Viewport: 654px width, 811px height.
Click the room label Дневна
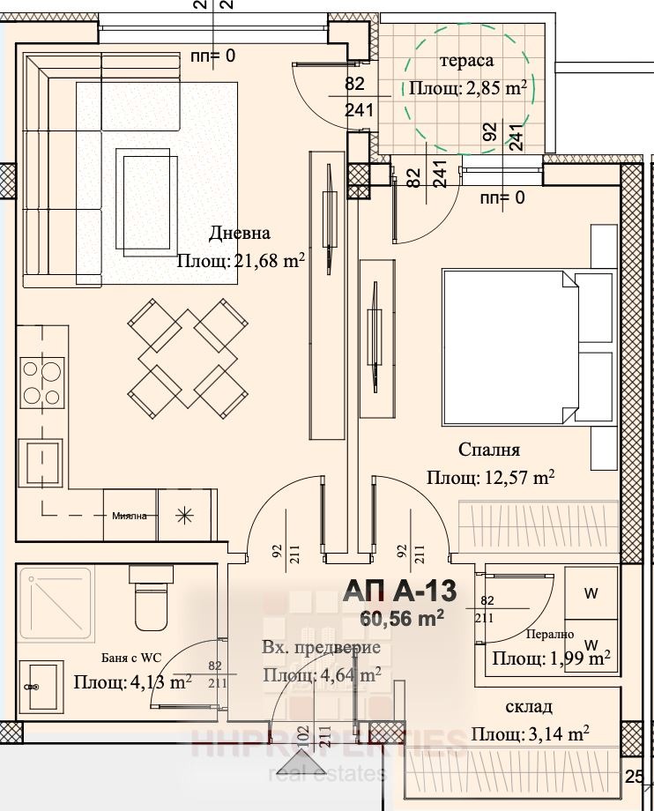[239, 234]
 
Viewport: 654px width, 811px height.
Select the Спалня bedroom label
[489, 450]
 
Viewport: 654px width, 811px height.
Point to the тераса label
[467, 60]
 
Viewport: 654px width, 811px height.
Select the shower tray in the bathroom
[54, 602]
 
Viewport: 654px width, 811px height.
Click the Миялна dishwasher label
[130, 516]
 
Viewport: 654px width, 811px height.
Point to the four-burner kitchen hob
[41, 383]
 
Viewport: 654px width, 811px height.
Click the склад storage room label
[529, 707]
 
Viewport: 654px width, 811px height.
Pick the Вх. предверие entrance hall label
[321, 648]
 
